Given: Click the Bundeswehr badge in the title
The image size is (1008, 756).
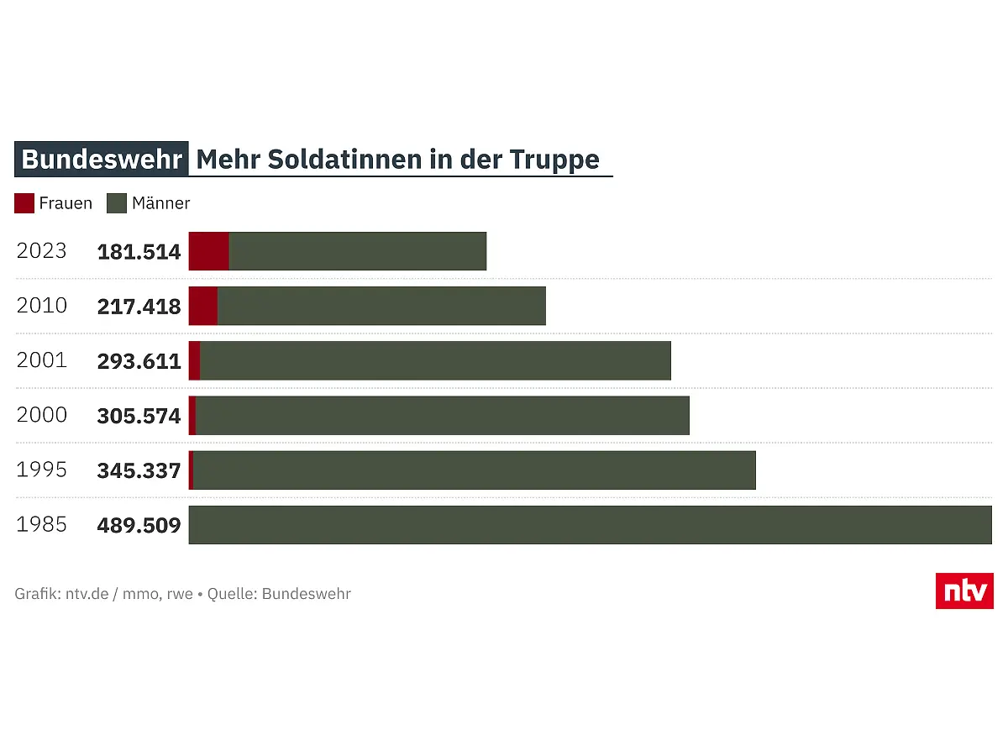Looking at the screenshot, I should click(x=102, y=160).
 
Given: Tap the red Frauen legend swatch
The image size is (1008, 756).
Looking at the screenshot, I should click(x=24, y=203).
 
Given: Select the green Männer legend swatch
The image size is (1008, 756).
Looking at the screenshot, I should click(x=117, y=203).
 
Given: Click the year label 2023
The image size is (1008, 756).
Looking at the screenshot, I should click(x=42, y=251).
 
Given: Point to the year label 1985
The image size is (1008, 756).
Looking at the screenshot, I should click(x=42, y=525).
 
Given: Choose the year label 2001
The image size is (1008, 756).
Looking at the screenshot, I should click(x=42, y=360).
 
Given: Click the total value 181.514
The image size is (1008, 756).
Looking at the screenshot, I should click(x=139, y=252).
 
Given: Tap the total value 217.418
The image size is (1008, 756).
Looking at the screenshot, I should click(x=139, y=307).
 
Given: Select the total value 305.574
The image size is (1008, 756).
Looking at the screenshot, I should click(x=139, y=416).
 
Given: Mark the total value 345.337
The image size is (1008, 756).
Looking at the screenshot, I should click(x=139, y=470).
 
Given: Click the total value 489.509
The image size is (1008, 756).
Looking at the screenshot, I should click(x=139, y=526).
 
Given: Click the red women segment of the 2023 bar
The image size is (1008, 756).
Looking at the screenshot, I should click(x=209, y=251).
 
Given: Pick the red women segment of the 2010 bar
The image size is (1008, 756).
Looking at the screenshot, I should click(x=203, y=306).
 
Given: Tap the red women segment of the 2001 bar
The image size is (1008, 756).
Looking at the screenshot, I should click(x=195, y=360).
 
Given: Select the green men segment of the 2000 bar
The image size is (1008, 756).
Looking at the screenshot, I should click(x=442, y=416).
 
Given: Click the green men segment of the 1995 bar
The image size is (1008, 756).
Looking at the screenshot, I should click(x=475, y=470).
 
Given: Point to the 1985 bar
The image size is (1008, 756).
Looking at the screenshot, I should click(x=590, y=525).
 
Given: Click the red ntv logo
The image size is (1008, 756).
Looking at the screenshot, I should click(x=964, y=591).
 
